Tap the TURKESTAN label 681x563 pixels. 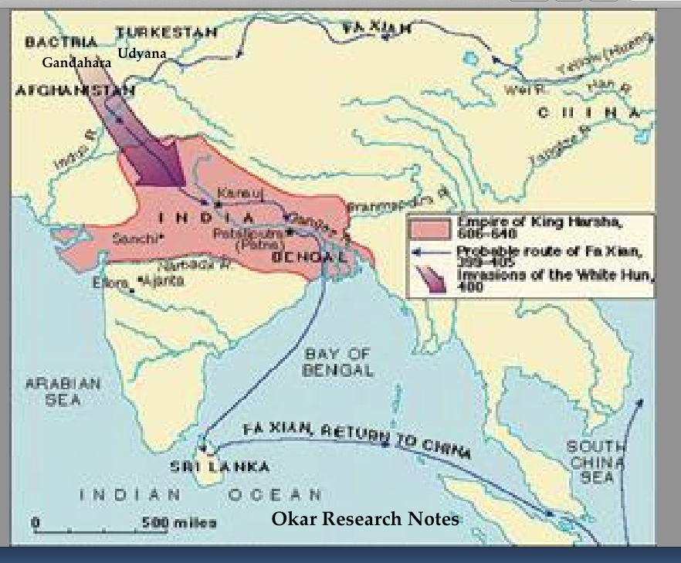click(166, 32)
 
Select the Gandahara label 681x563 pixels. click(76, 62)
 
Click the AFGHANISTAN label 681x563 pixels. click(75, 90)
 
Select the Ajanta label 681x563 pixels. click(167, 281)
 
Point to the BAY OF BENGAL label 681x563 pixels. click(337, 361)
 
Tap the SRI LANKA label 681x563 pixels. click(220, 466)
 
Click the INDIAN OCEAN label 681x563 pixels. click(202, 494)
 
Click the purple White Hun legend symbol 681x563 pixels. click(431, 280)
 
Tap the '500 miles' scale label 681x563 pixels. click(178, 522)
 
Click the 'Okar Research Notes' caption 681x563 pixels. click(365, 518)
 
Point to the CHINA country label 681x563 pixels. click(589, 113)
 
